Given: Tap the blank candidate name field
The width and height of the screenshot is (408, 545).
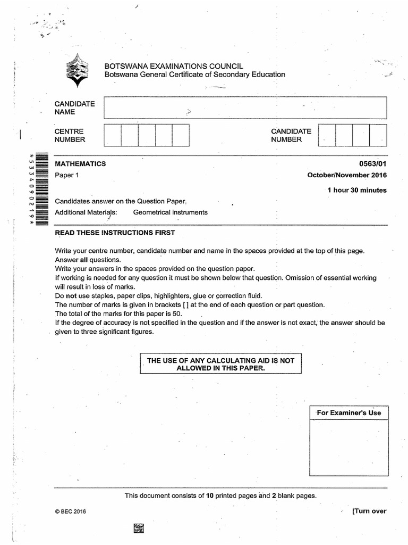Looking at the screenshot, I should [245, 108].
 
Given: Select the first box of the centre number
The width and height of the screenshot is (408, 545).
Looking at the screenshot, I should [112, 135].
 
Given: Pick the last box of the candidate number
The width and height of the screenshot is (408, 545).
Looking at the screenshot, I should [378, 135].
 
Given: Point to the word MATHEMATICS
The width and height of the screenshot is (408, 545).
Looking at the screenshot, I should [80, 164].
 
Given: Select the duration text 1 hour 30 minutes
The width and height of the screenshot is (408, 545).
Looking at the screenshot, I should [357, 190].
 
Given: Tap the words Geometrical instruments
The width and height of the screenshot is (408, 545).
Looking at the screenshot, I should [170, 212].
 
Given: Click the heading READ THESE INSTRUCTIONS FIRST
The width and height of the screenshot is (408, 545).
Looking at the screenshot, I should [115, 233].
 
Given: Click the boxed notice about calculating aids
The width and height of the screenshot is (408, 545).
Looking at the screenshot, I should [220, 364].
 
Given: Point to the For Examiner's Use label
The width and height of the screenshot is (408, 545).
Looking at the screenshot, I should [349, 412].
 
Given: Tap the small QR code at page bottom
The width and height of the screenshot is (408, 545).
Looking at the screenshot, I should [139, 529].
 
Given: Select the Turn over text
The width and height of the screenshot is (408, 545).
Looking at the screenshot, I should [369, 511].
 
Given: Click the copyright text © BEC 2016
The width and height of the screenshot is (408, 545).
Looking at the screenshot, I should [70, 511].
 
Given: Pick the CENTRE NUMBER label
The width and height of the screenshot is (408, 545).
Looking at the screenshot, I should [70, 135].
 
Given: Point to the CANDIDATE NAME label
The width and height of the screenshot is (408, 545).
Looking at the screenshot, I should [74, 108].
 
